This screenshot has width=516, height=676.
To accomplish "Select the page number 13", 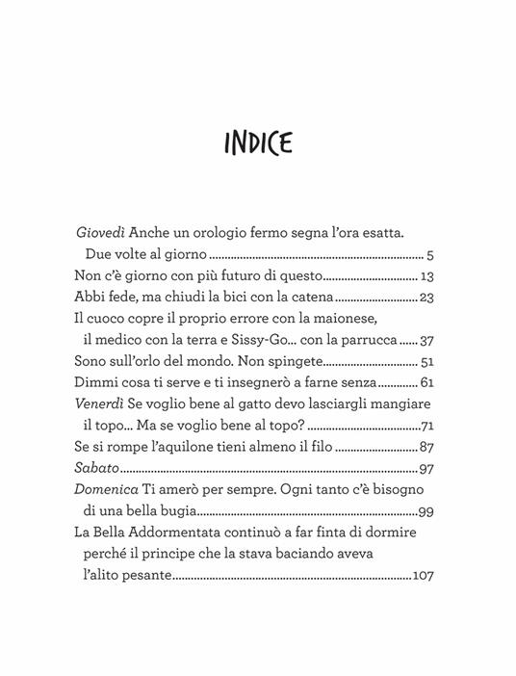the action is point(429,276).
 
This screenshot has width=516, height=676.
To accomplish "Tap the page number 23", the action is point(428,298).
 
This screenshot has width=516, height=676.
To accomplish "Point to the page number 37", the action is point(428,340).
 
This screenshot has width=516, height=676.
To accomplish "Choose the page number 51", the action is point(428,361).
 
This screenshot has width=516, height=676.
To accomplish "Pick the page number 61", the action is point(429,382).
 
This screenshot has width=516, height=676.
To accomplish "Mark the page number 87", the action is point(429,446).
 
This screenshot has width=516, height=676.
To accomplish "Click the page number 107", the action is point(425,575).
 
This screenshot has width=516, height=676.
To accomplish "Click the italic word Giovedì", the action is point(103,235).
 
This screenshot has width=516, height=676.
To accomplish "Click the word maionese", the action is point(403,319).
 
